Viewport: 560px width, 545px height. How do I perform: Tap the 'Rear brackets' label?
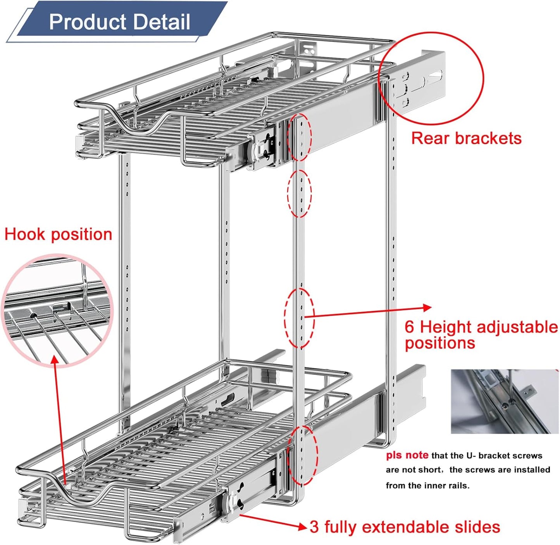(466, 138)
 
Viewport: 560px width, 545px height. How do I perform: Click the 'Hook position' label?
(58, 235)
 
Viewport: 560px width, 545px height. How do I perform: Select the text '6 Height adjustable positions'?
(481, 335)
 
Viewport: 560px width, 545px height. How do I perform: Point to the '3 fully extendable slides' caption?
(405, 527)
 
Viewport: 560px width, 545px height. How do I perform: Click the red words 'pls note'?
(407, 455)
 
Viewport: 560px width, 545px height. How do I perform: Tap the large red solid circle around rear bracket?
(431, 79)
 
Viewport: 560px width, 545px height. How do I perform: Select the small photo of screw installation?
(505, 402)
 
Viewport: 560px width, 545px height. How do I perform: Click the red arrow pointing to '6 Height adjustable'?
(368, 312)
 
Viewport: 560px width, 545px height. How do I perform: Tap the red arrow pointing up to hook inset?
(59, 419)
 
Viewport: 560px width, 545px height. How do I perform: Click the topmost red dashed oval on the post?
(299, 137)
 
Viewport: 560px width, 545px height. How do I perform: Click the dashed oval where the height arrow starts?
(299, 318)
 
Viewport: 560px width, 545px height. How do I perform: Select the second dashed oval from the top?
(299, 193)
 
